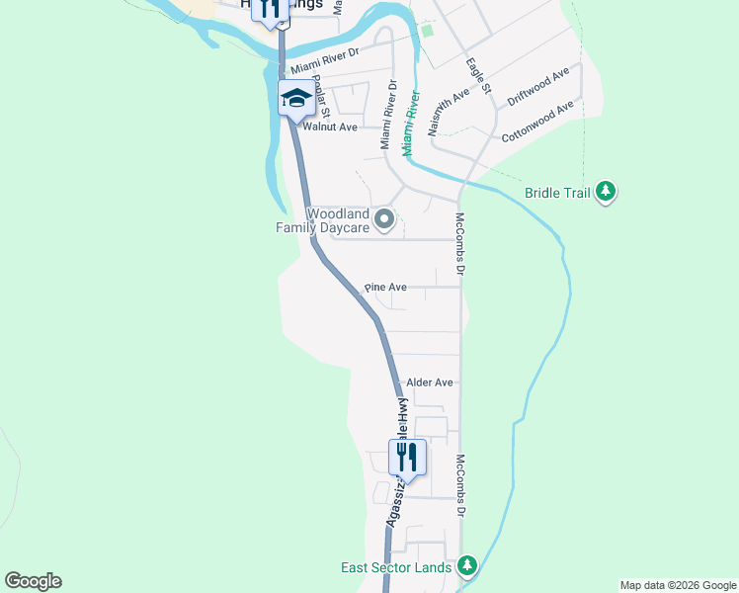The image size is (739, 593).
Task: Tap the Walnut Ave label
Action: [330, 127]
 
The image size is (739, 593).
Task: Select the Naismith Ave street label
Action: [447, 114]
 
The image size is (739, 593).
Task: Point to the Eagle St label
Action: [479, 77]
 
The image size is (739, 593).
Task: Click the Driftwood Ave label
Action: [538, 87]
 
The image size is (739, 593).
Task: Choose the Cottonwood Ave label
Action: [537, 122]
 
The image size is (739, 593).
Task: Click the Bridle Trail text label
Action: [557, 193]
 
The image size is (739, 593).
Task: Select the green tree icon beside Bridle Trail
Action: [607, 192]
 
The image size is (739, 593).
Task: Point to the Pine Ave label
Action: [385, 288]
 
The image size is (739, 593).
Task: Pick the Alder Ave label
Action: [430, 382]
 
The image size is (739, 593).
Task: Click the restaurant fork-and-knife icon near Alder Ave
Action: [407, 456]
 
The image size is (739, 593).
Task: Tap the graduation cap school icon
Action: [296, 99]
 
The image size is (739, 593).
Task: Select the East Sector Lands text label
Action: [396, 567]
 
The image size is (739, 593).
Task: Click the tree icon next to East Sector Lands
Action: [467, 566]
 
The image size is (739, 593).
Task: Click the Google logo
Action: [33, 581]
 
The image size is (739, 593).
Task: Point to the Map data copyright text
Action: [677, 585]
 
